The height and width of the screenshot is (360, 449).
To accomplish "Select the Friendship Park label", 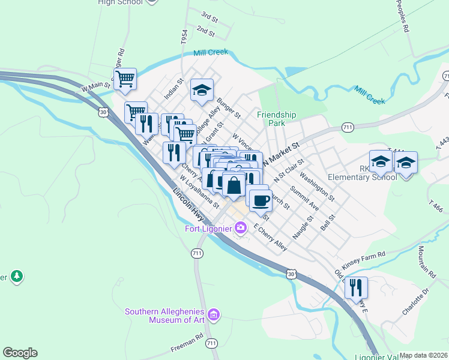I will [x=276, y=118].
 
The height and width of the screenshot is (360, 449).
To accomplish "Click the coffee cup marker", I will [x=260, y=200].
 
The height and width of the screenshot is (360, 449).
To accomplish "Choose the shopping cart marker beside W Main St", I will [x=125, y=78].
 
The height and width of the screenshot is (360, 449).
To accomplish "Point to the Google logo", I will [x=20, y=353].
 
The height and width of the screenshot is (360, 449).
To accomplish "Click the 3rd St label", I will [x=209, y=15].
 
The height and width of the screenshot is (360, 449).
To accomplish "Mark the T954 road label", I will [x=184, y=37].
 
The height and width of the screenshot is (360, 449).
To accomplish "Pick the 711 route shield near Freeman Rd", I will [x=210, y=343].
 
